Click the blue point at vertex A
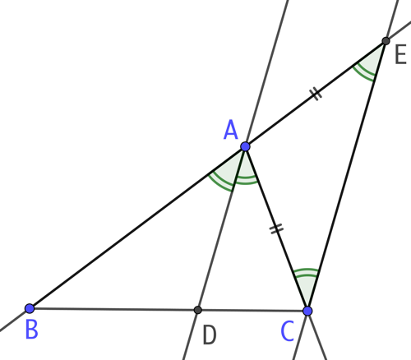(246, 146)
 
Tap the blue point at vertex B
(30, 308)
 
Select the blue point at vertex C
(307, 311)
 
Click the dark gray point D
(197, 310)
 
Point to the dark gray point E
(386, 41)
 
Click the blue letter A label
(231, 131)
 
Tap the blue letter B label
(31, 330)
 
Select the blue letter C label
(288, 331)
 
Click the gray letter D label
(210, 335)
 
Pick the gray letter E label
(400, 55)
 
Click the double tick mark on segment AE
(316, 94)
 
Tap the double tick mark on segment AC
(276, 228)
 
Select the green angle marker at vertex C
(307, 271)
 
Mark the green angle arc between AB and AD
(220, 184)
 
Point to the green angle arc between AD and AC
(246, 181)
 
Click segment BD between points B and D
(113, 309)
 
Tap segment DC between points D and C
(252, 311)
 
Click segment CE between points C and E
(347, 176)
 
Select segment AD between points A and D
(221, 228)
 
